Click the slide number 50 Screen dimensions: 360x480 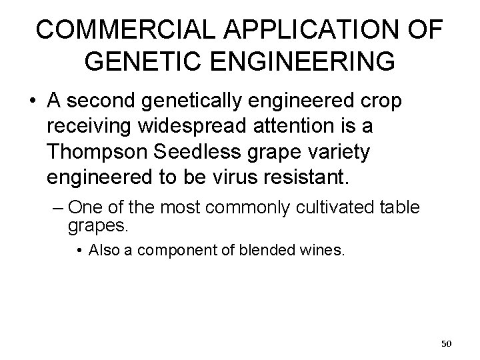click(x=447, y=343)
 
